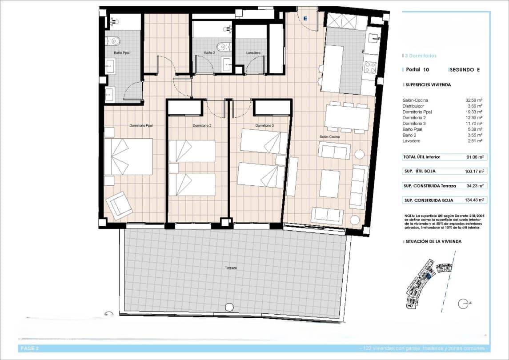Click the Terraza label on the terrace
(x=231, y=268)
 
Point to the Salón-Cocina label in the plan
(x=329, y=137)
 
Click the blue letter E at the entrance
(x=305, y=18)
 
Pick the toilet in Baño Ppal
(x=115, y=41)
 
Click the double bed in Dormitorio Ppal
(x=129, y=156)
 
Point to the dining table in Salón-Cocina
(x=347, y=118)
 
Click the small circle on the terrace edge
(x=229, y=307)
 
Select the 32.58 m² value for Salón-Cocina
(x=476, y=100)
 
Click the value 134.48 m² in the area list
(x=475, y=200)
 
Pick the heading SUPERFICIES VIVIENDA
(x=428, y=84)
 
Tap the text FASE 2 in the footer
(x=30, y=348)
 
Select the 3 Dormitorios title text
(x=421, y=56)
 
